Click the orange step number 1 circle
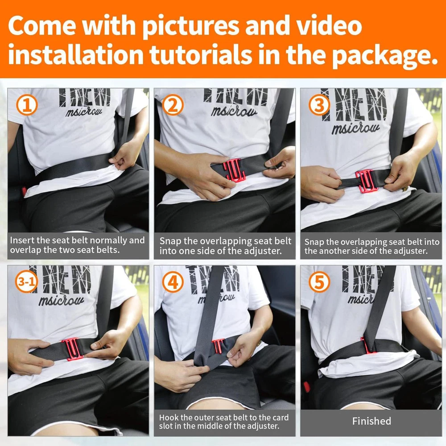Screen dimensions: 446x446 click(x=27, y=105)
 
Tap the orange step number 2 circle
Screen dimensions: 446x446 click(x=172, y=105)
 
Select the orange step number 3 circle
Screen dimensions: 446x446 click(x=319, y=105)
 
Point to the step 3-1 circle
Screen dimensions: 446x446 click(x=26, y=282)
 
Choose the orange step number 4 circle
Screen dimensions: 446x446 click(x=173, y=282)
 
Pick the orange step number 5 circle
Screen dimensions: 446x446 click(x=319, y=282)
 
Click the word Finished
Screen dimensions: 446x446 click(x=372, y=421)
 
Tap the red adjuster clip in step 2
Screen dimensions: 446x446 click(x=234, y=169)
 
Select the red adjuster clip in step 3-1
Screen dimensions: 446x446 click(x=73, y=349)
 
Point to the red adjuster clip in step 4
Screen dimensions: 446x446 click(x=219, y=346)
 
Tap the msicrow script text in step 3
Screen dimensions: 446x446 click(x=355, y=128)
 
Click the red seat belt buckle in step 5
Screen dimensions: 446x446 click(x=307, y=387)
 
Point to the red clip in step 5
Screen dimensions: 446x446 click(x=367, y=346)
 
